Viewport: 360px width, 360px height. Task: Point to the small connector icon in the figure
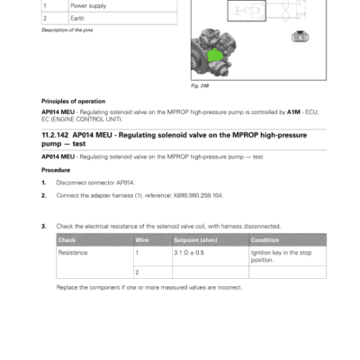tap(301, 39)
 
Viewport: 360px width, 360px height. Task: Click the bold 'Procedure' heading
tap(58, 168)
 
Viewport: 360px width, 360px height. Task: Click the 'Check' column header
tap(68, 240)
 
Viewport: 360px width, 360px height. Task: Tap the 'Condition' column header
tap(266, 240)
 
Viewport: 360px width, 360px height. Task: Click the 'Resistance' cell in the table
tap(74, 253)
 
